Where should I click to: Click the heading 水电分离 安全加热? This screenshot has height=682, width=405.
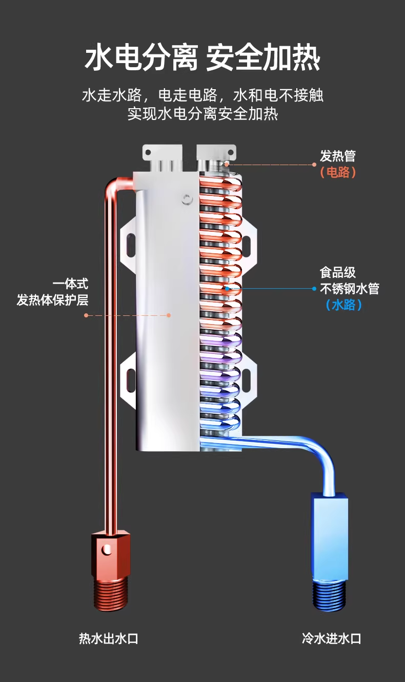[x=202, y=57]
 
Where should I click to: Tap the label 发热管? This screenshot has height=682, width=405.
[x=337, y=156]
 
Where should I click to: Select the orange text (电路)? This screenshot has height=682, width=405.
[x=337, y=172]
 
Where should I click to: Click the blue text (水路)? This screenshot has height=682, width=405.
[x=344, y=305]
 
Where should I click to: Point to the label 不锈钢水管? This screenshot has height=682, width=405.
[x=349, y=289]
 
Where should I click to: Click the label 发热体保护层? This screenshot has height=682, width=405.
[x=52, y=300]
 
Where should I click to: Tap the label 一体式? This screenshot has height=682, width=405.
[x=70, y=284]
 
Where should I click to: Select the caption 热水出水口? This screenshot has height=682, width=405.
[x=109, y=638]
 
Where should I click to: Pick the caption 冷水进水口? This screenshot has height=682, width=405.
[x=331, y=638]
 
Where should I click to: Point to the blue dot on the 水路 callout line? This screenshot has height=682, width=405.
[x=314, y=289]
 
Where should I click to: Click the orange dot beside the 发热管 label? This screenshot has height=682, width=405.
[x=315, y=165]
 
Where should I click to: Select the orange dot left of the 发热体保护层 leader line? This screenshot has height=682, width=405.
[x=86, y=315]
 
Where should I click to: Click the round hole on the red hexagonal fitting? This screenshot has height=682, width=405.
[x=107, y=549]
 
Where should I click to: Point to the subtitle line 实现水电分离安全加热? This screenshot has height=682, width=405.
[x=202, y=113]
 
